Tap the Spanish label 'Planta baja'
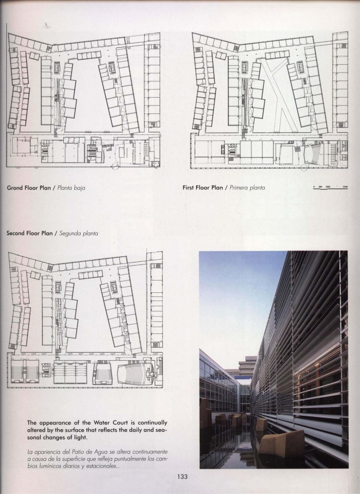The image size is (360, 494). pos(71,188)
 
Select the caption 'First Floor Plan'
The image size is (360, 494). pos(202,188)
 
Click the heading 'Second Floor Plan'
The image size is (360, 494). pos(32,233)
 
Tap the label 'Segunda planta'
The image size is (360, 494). pos(79,233)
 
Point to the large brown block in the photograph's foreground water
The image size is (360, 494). pos(281,443)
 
